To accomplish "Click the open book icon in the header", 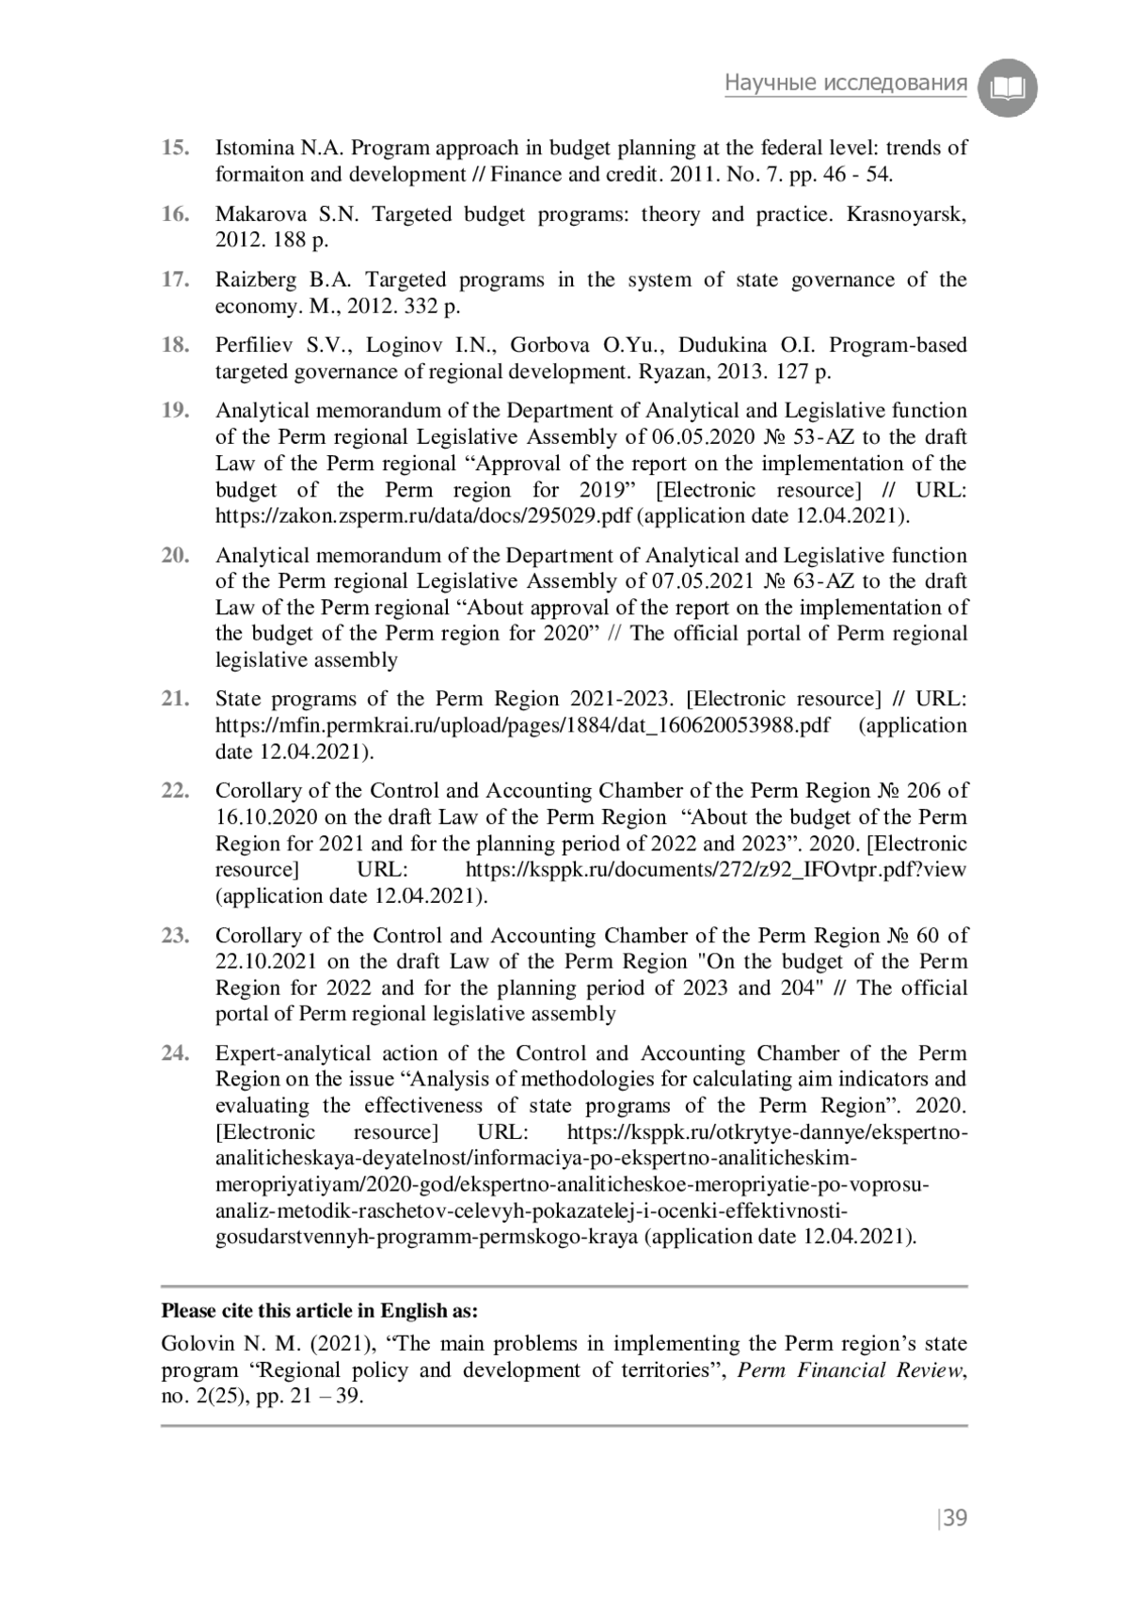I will pos(1007,89).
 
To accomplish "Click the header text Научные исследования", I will pos(845,84).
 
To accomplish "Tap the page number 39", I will pos(955,1518).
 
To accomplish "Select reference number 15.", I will pos(175,148).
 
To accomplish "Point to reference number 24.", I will pos(175,1053).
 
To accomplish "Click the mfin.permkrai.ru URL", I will pos(523,725).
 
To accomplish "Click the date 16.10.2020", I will pos(268,817).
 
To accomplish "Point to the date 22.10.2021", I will pos(268,961).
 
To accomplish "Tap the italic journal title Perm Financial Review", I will pos(851,1370).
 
